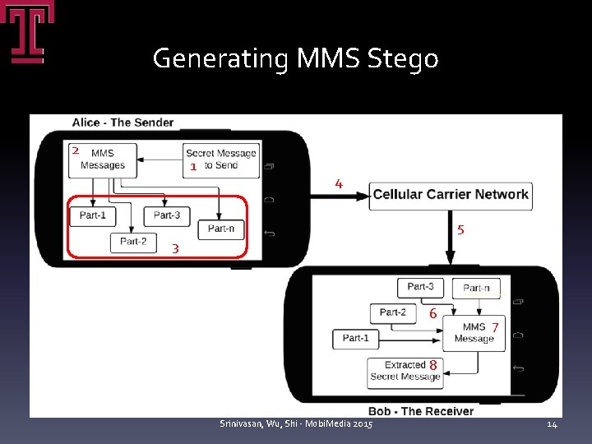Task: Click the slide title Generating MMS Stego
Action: pos(295,58)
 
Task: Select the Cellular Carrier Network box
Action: pos(450,195)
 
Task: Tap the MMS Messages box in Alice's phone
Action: pos(103,159)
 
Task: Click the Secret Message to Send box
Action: pos(220,159)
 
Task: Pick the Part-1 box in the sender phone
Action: pos(92,215)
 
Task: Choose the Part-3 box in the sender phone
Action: pos(167,215)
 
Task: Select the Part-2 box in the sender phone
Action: pos(133,242)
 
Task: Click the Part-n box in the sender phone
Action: pos(220,229)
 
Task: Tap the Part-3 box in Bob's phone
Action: pos(420,287)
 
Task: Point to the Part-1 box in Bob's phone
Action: pos(356,338)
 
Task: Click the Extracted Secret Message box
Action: pos(405,371)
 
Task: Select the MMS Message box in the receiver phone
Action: pos(474,333)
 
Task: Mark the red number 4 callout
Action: pos(339,183)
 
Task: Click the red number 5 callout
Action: pos(460,230)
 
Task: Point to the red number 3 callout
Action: pos(175,248)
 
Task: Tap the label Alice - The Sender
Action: pos(123,123)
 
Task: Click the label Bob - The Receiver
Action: pos(420,411)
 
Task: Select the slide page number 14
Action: pos(552,423)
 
